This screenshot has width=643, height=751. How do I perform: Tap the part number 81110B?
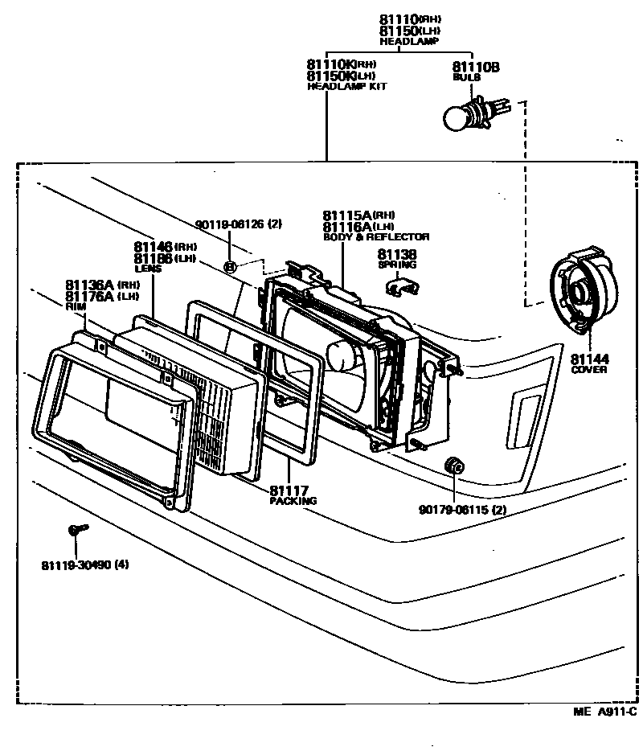(475, 68)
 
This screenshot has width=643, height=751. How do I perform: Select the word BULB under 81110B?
(466, 77)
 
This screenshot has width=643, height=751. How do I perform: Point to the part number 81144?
(589, 359)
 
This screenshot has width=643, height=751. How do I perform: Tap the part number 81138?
(396, 254)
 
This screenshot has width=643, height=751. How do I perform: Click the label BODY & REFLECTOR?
(375, 237)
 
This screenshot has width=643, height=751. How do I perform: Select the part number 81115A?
(346, 215)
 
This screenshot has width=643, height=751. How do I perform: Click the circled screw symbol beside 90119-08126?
(231, 266)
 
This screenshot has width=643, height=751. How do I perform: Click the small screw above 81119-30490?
(77, 529)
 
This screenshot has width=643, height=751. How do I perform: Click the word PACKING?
(293, 501)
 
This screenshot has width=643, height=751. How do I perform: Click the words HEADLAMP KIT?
(346, 86)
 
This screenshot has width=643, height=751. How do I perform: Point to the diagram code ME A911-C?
(605, 712)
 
